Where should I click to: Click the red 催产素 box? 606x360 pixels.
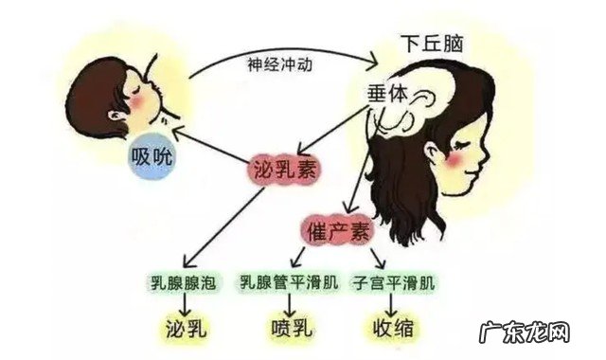338,229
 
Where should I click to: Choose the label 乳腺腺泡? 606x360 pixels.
189,282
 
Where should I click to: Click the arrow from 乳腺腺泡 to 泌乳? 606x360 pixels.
189,305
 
